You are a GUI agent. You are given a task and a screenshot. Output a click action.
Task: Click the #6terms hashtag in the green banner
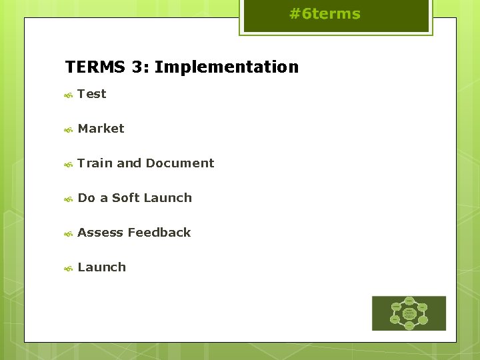(325, 14)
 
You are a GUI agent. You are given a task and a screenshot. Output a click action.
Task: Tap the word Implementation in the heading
(227, 67)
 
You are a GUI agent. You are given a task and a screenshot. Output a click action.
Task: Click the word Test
(92, 94)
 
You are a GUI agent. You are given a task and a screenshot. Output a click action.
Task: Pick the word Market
(101, 129)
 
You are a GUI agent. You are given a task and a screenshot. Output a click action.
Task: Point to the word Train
(95, 163)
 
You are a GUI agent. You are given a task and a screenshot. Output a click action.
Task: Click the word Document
(180, 163)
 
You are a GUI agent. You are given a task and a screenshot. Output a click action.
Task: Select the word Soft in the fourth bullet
(125, 198)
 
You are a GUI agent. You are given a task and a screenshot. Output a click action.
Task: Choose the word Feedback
(159, 233)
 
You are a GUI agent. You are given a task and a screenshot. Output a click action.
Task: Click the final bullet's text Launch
(101, 267)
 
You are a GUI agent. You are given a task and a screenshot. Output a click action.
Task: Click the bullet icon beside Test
(68, 95)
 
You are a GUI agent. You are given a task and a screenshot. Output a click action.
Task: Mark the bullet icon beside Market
(68, 130)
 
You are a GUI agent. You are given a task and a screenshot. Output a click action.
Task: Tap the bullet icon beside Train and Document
(68, 165)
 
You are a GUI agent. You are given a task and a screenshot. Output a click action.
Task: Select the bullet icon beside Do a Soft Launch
(68, 199)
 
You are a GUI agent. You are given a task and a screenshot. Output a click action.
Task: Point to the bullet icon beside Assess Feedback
(68, 234)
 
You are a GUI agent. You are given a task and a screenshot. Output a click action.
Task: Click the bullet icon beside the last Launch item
(68, 269)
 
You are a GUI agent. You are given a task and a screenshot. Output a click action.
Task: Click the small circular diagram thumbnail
(409, 313)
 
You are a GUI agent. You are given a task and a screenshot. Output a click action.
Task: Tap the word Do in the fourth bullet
(86, 198)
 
